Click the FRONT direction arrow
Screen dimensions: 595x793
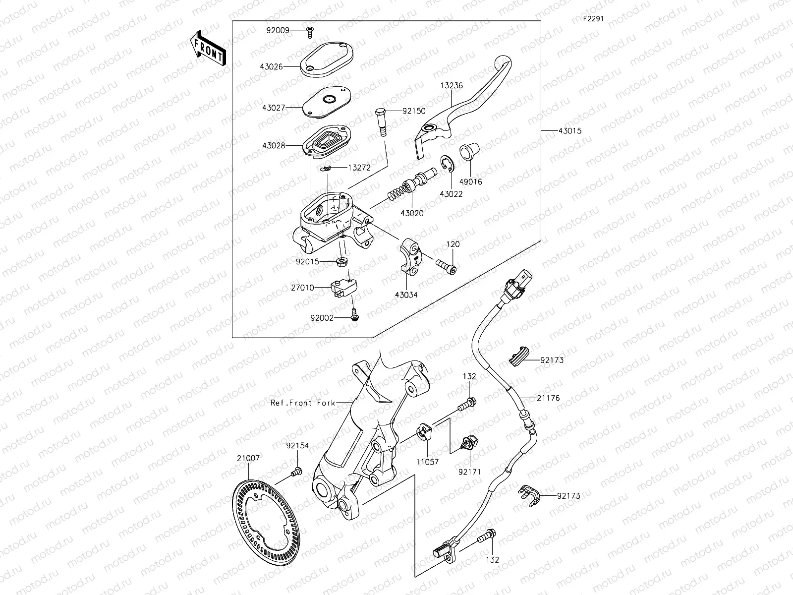click(x=208, y=47)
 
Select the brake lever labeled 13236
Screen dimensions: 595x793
click(x=461, y=99)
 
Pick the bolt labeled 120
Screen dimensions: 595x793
click(x=446, y=265)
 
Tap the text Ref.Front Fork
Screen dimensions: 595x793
click(x=302, y=403)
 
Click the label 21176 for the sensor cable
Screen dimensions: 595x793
click(x=548, y=398)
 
